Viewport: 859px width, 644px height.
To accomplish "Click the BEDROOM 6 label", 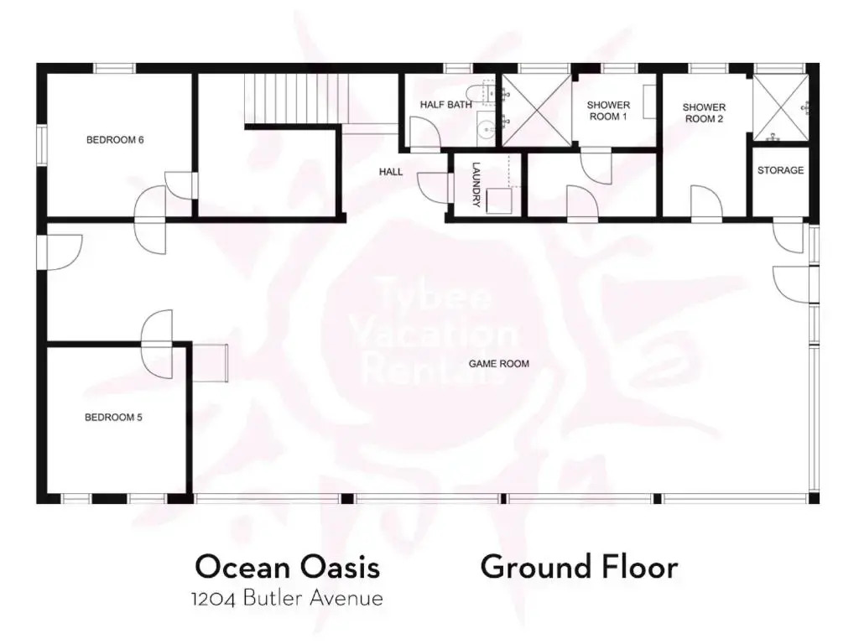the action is pyautogui.click(x=115, y=140).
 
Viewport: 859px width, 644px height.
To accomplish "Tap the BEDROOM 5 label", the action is pyautogui.click(x=113, y=418).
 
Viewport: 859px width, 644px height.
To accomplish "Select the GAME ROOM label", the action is pyautogui.click(x=499, y=364).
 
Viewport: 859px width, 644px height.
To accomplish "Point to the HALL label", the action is pyautogui.click(x=391, y=172).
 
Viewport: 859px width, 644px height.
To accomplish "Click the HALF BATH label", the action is pyautogui.click(x=446, y=105).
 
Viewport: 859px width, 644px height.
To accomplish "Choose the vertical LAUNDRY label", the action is pyautogui.click(x=476, y=184).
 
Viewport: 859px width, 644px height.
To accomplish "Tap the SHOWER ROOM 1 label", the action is pyautogui.click(x=608, y=111).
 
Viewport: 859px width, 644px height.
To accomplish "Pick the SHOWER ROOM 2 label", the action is pyautogui.click(x=704, y=113).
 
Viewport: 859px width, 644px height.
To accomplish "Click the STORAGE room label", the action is pyautogui.click(x=781, y=170).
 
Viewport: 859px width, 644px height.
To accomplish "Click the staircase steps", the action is pyautogui.click(x=296, y=99).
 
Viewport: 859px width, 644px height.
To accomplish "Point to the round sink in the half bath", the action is pyautogui.click(x=486, y=130).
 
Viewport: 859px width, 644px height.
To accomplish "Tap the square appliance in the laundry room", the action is pyautogui.click(x=498, y=200).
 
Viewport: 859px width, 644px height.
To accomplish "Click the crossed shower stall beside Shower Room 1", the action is pyautogui.click(x=537, y=110).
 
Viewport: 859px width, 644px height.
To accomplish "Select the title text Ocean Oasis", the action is pyautogui.click(x=288, y=567).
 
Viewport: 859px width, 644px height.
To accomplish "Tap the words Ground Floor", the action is pyautogui.click(x=579, y=567).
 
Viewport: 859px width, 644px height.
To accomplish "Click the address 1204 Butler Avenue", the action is pyautogui.click(x=287, y=598).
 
